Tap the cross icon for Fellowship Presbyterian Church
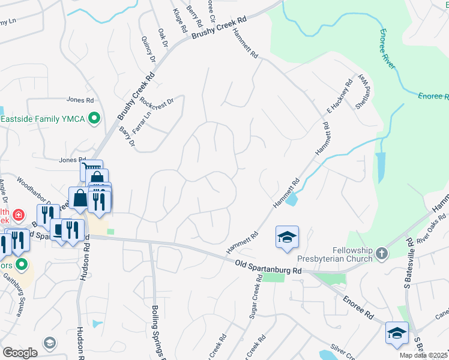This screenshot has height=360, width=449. coord(381,254)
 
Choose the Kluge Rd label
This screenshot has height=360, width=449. coord(178,20)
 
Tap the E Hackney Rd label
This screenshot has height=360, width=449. coord(338,95)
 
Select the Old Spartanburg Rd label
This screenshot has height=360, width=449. coord(268,267)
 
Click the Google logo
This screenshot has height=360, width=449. coord(20,353)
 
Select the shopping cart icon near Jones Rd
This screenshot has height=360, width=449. coord(91,169)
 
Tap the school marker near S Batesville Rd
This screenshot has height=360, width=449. coord(397,333)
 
